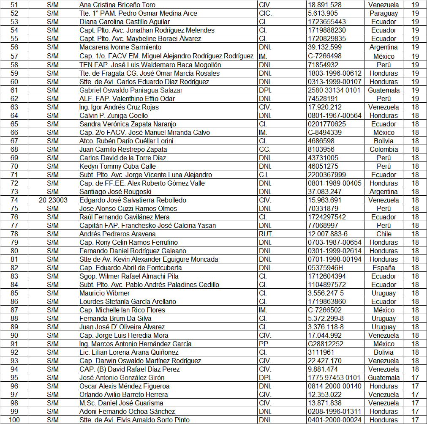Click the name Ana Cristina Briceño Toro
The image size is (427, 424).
point(117,5)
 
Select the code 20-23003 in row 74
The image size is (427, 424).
point(53,200)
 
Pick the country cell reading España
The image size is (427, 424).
point(383,268)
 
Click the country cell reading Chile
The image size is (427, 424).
point(383,234)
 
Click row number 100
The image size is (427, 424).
point(14,420)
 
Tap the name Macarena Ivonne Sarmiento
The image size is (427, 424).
point(120,47)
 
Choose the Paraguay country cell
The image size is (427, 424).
point(383,14)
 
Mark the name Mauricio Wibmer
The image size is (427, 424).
point(105,293)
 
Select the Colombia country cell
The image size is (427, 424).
point(383,149)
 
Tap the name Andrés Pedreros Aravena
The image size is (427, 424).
point(117,234)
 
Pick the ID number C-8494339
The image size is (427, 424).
point(325,132)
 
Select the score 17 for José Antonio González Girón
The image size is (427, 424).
point(415,377)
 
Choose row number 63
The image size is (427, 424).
point(14,107)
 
